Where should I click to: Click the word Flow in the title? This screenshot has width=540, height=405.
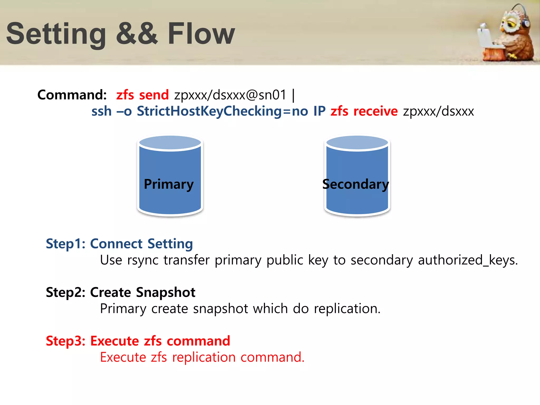(x=201, y=34)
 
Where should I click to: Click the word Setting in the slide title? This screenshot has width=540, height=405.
(x=56, y=34)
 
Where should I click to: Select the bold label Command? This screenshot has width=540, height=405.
(x=72, y=95)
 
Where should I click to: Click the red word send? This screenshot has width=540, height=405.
(x=154, y=95)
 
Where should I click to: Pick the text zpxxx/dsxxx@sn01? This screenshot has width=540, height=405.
(x=230, y=95)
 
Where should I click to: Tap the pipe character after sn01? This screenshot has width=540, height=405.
(x=293, y=95)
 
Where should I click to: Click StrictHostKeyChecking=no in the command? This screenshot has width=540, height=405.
(x=222, y=111)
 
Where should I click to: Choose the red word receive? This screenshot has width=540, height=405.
(x=375, y=111)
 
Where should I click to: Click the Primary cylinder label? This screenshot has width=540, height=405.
(x=169, y=184)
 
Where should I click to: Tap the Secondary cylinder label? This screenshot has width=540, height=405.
(x=355, y=184)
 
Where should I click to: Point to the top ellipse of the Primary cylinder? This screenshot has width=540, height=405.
(x=170, y=143)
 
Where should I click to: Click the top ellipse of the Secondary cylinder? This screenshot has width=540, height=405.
(x=357, y=143)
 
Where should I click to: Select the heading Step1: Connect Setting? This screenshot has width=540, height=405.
(x=119, y=244)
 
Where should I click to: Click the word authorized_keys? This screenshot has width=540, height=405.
(x=468, y=260)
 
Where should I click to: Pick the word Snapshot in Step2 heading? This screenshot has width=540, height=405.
(x=166, y=292)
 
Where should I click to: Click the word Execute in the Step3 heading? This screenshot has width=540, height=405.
(x=115, y=341)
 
